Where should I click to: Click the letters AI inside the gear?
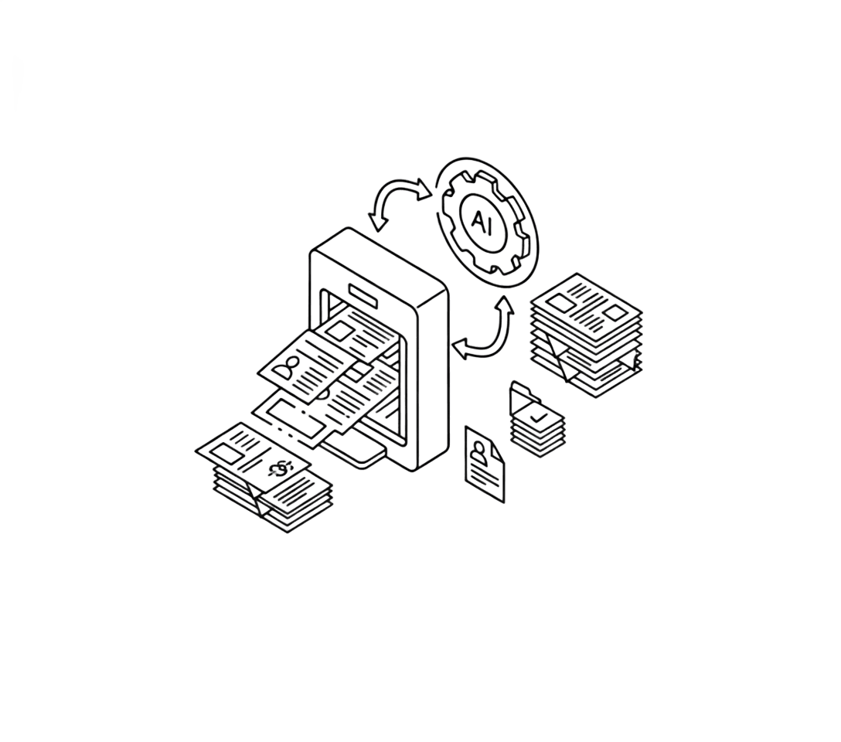point(481,221)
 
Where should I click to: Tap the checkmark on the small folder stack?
point(537,416)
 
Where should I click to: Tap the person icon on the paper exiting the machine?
point(287,367)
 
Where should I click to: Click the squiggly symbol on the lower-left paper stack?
point(281,468)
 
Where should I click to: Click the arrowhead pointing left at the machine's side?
point(460,349)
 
